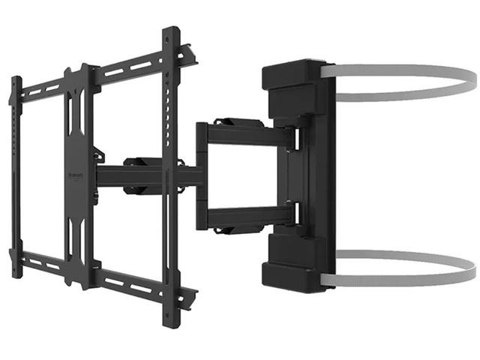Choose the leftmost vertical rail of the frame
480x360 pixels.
[16, 165]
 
